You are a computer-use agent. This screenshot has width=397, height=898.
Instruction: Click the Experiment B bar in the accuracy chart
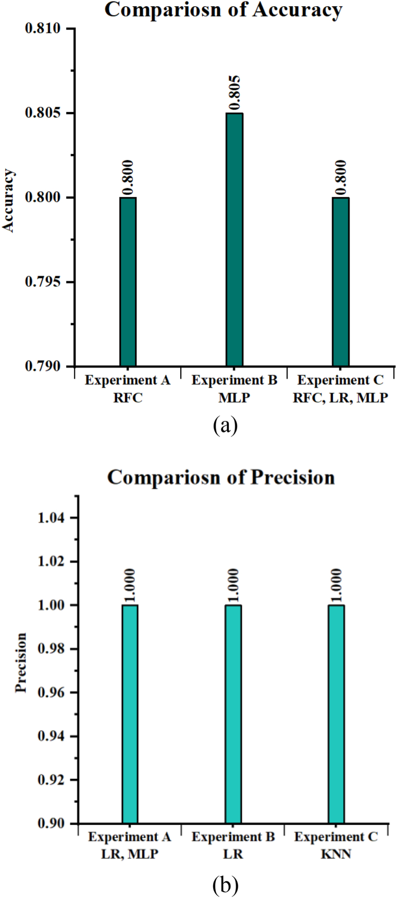[234, 240]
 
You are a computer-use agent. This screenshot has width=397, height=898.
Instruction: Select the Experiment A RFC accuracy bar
[128, 282]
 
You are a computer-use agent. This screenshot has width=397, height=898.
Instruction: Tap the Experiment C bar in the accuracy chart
[341, 282]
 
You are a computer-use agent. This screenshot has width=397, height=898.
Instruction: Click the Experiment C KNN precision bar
[336, 714]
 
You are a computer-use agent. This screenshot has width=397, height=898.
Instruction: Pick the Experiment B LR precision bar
[233, 714]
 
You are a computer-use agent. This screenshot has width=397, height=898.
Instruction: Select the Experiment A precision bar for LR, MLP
[130, 714]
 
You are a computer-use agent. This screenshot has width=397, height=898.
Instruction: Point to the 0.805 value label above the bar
[234, 93]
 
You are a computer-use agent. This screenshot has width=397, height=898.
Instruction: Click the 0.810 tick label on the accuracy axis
[43, 28]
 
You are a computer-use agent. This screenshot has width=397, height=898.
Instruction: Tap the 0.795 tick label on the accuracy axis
[43, 282]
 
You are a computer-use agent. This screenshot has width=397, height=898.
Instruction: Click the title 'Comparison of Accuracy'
[224, 10]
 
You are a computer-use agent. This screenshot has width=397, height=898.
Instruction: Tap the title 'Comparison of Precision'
[221, 478]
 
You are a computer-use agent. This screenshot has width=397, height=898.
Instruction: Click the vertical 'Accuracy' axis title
[9, 201]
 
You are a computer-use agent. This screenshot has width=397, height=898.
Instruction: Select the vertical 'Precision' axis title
[21, 662]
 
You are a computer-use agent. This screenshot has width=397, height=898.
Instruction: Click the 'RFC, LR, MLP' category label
[340, 398]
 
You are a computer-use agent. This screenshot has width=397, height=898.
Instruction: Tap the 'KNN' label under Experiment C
[336, 855]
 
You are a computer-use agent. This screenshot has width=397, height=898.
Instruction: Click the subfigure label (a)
[225, 425]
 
